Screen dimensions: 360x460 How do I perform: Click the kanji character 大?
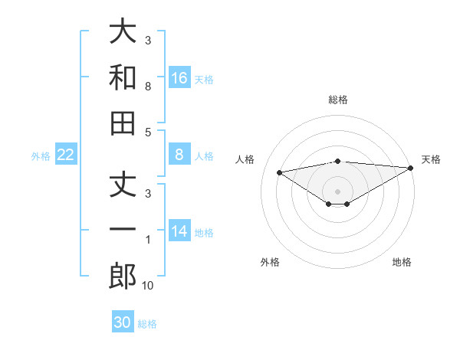pos(123,31)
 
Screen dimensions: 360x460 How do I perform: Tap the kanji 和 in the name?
pos(123,77)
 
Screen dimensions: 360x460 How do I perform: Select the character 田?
pos(123,123)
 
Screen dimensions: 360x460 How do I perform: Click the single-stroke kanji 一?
pos(123,231)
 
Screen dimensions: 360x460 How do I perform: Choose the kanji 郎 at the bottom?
pos(123,277)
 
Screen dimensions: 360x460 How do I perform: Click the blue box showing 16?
pos(179,77)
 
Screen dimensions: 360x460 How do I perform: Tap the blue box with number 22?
pos(66,155)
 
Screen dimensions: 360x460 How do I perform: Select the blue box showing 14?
pos(179,231)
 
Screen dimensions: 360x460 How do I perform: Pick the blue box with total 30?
pos(123,322)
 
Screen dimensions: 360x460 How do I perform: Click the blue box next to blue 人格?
pos(179,155)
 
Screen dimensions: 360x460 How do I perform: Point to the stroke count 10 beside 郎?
pos(147,286)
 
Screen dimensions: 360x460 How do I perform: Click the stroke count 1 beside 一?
pos(147,240)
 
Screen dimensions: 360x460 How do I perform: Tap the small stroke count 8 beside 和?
pos(147,87)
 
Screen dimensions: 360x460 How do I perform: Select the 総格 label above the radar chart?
pos(337,100)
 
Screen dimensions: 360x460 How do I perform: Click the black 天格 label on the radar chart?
pos(431,159)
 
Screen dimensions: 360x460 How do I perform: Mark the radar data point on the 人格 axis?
pos(279,172)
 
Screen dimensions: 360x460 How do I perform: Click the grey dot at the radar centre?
pos(337,191)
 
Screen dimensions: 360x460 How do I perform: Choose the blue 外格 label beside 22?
pos(41,156)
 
